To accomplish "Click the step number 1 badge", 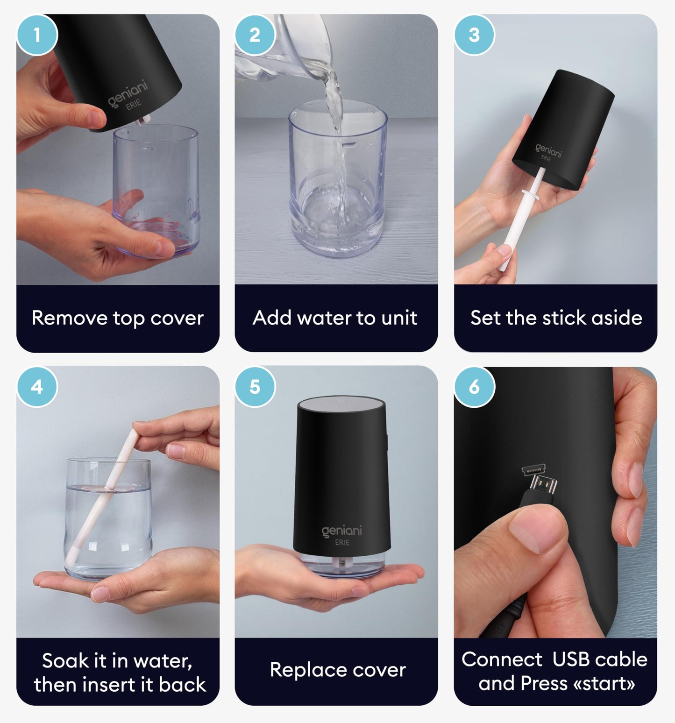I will point(37,35).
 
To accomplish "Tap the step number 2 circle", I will point(255,35).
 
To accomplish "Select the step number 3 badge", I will point(474,35).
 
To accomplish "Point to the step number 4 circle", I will point(37,387).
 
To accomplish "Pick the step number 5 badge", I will point(255,387).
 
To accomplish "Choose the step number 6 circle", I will point(474,387).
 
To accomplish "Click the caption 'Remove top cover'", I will point(118,318).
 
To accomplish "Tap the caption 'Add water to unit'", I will point(335,318).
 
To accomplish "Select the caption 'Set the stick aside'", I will point(556,318).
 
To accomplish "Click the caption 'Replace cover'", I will point(338,670).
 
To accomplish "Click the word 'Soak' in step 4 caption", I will point(64,660).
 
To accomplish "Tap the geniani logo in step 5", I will point(342,531).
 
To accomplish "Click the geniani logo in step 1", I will point(128,93).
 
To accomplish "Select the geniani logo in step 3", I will point(548,150).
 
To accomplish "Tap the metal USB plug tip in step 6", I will point(545,486).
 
